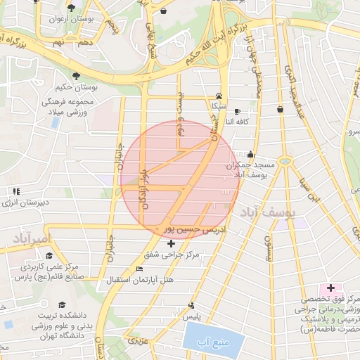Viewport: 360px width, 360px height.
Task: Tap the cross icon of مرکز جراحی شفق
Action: point(172,243)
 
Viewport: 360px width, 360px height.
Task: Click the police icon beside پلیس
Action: point(191,305)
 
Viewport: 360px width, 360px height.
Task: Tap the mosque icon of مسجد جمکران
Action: point(250,154)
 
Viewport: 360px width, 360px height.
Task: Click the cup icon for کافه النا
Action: point(236,111)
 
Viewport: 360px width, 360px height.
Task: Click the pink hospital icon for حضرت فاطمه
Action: point(330,288)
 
